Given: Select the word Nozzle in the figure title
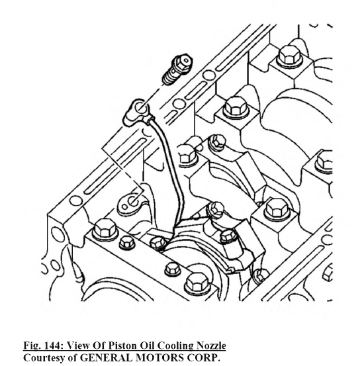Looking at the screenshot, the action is pos(211,345).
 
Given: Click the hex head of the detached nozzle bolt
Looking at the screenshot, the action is pos(183,63).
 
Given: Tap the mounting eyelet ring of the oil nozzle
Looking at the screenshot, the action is pos(140,109).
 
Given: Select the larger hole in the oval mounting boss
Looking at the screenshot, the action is pos(133,201).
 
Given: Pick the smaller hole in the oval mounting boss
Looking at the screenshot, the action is pos(124,206).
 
